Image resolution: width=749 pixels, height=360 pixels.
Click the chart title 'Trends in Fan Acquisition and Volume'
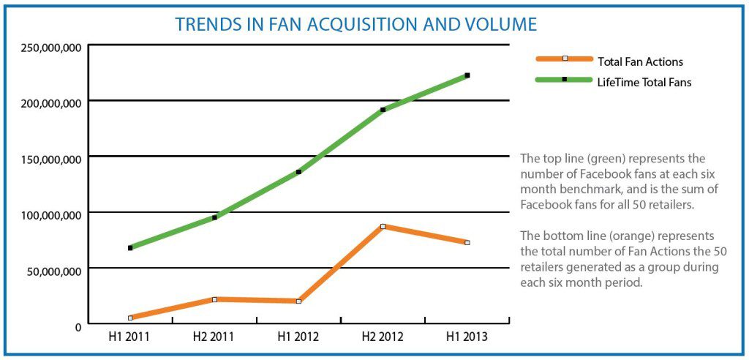(x=356, y=24)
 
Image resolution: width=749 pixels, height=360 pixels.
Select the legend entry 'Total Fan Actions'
(x=640, y=61)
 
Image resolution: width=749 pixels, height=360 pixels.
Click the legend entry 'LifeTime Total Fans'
(x=644, y=83)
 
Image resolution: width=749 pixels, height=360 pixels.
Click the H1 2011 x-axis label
(x=129, y=338)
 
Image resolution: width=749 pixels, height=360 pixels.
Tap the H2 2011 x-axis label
(x=214, y=338)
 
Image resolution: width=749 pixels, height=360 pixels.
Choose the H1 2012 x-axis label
(x=298, y=338)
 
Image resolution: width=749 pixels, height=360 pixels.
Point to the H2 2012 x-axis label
(x=383, y=338)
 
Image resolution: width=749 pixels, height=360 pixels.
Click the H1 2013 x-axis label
(x=467, y=338)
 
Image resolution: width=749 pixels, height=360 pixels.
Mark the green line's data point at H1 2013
(x=467, y=75)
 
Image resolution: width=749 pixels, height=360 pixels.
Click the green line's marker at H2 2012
(x=383, y=110)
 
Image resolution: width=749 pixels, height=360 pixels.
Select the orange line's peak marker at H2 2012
(x=383, y=226)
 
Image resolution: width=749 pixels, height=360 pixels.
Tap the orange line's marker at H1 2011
(x=130, y=318)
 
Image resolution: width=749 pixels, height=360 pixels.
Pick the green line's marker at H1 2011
(x=130, y=248)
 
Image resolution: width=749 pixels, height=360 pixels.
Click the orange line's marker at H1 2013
(x=467, y=242)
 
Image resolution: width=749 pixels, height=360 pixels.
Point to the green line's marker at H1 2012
(x=298, y=172)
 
